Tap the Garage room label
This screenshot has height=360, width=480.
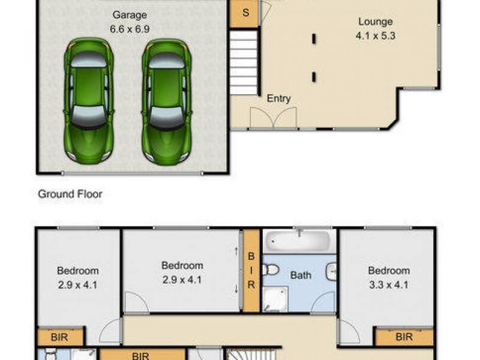click(x=129, y=15)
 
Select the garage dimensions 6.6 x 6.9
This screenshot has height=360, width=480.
click(x=129, y=29)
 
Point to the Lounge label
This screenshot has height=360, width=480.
click(x=376, y=22)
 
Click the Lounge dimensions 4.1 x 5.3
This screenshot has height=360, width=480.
click(x=376, y=36)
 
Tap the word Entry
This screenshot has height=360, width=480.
click(x=278, y=99)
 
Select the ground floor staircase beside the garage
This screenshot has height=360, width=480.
click(x=243, y=62)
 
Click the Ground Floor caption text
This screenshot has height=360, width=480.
click(x=70, y=194)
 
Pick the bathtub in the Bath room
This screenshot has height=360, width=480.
click(x=299, y=242)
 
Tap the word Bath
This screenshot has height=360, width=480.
click(x=301, y=275)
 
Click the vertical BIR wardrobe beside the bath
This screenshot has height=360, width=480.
click(x=251, y=271)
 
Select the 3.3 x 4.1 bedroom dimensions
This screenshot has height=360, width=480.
click(x=389, y=285)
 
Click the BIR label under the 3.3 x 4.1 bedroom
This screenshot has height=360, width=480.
click(x=404, y=337)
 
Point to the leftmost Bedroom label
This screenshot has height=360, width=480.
click(x=78, y=271)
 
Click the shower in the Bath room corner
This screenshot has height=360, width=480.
click(x=275, y=299)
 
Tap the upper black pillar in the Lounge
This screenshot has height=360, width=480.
click(x=314, y=39)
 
